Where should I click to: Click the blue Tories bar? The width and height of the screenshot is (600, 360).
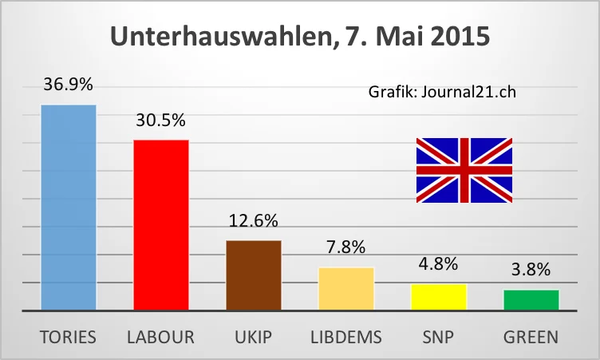tap(69, 207)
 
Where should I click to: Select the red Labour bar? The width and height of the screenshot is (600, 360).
tap(161, 224)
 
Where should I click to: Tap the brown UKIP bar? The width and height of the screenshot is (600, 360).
tap(254, 275)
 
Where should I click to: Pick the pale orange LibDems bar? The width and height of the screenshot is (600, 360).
tap(346, 288)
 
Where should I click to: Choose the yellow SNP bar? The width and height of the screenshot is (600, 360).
tap(439, 296)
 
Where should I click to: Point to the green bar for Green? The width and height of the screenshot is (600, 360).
tap(531, 299)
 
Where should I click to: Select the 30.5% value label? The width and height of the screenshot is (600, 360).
tap(161, 121)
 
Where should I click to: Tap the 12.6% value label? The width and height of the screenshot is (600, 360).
tap(254, 221)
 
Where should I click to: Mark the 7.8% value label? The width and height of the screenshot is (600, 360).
tap(346, 248)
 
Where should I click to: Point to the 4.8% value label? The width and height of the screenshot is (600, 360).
tap(439, 264)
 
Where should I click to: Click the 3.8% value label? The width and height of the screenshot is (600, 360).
tap(531, 270)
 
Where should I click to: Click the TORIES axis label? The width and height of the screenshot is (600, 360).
tap(69, 337)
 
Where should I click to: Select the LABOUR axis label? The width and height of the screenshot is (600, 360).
tap(161, 337)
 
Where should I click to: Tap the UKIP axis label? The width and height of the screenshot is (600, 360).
tap(254, 337)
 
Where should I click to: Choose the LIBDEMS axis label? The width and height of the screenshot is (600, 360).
tap(346, 337)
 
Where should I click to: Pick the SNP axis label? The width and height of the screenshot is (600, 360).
tap(439, 337)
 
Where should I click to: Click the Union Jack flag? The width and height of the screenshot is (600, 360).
tap(464, 169)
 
